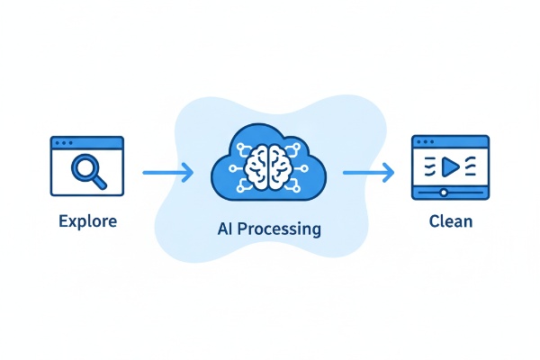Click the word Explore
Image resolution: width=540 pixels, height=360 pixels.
point(87,219)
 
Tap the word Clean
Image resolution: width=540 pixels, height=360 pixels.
point(449,219)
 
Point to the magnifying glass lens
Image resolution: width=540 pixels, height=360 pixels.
point(85,167)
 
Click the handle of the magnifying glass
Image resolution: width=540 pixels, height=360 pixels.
point(99,182)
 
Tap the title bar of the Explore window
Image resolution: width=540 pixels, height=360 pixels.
point(87,142)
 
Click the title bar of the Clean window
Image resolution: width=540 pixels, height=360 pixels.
point(449,142)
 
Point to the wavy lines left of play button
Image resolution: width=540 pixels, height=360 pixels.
point(431,166)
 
